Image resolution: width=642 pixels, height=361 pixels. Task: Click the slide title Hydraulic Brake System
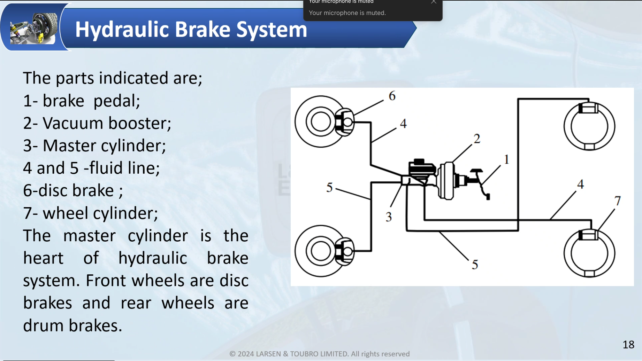tap(191, 29)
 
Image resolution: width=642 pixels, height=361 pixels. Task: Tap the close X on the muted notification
tap(434, 2)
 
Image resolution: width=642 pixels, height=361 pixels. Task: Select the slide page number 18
tap(628, 345)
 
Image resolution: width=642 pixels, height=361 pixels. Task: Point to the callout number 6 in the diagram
tap(392, 96)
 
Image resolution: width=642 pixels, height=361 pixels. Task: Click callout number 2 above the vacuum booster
tap(477, 139)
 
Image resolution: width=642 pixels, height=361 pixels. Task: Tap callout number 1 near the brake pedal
tap(506, 159)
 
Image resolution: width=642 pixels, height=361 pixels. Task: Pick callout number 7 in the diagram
tap(617, 201)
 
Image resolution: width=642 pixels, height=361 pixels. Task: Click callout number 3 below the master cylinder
tap(389, 217)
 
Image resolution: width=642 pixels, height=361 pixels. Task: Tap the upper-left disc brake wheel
tap(321, 122)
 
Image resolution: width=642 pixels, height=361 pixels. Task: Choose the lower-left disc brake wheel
tap(321, 251)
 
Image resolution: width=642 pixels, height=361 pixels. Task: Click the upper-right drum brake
tap(589, 126)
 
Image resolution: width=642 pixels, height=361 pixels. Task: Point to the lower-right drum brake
tap(589, 253)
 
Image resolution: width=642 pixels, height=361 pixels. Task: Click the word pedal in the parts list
tap(116, 101)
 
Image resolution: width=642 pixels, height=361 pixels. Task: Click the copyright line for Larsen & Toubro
tap(319, 354)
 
